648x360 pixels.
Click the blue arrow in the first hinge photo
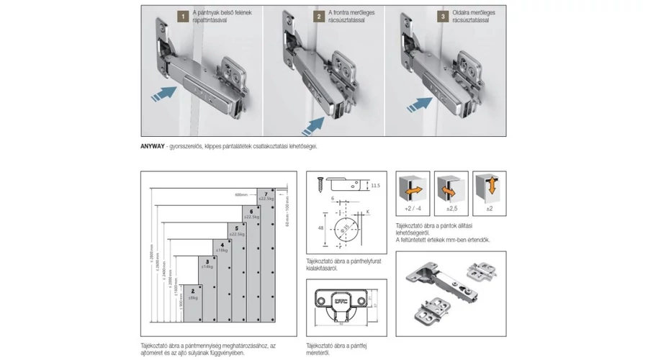166,93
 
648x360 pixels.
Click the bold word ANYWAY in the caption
154,146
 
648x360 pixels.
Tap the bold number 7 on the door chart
265,194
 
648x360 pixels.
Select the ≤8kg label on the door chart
192,297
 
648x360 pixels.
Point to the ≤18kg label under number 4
223,249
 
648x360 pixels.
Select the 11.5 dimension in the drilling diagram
376,186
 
